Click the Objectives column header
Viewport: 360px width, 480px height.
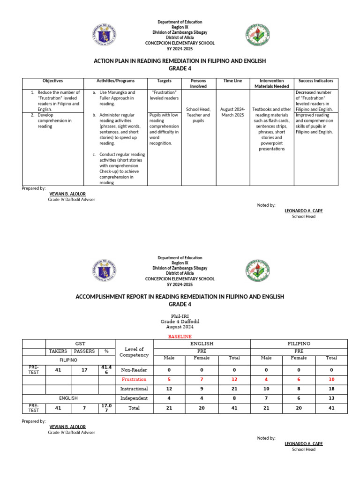[52, 81]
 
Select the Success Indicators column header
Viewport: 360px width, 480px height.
[312, 81]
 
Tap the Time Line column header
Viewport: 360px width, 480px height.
[232, 81]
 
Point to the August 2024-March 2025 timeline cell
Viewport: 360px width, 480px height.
[232, 112]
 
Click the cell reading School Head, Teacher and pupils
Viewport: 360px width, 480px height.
[198, 115]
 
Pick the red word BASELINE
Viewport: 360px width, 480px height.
[180, 337]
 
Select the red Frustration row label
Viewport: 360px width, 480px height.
[134, 379]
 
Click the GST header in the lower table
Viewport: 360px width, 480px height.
[80, 344]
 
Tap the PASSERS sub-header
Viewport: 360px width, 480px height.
[84, 351]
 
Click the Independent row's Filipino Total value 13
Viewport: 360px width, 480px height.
[331, 398]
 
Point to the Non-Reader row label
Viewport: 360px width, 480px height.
[134, 370]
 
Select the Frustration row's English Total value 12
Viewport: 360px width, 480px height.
[234, 379]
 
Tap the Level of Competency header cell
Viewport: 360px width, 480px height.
[134, 352]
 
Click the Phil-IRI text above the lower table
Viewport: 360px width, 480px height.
[180, 316]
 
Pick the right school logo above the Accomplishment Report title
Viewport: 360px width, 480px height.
[257, 271]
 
